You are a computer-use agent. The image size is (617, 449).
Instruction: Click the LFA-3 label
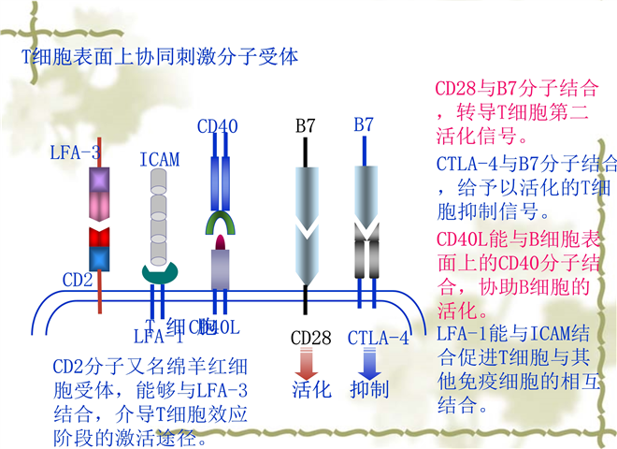click(x=76, y=152)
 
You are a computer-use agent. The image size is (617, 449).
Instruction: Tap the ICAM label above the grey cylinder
click(x=159, y=160)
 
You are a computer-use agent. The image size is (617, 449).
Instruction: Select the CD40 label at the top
click(x=218, y=125)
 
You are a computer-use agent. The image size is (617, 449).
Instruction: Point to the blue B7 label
click(x=364, y=124)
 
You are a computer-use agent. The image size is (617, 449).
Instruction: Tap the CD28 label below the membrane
click(x=310, y=338)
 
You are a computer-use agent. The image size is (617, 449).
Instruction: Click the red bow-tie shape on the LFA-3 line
click(x=99, y=235)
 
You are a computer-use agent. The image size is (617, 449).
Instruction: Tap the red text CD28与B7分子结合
click(x=517, y=91)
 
